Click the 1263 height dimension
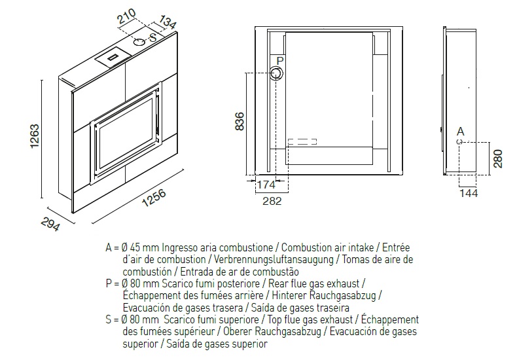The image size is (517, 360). [35, 136]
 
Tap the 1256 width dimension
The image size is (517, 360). [154, 198]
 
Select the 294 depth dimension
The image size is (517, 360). [51, 225]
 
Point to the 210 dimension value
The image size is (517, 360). [126, 16]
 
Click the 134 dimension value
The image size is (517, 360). [168, 22]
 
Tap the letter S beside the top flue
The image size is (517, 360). [153, 37]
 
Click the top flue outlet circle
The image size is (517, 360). [139, 42]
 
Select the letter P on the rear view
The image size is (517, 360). [280, 61]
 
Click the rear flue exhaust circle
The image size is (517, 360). [277, 73]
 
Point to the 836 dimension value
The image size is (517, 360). [240, 121]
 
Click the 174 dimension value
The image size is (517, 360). [266, 185]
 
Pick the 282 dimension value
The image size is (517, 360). [272, 201]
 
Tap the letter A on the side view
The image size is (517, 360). [461, 132]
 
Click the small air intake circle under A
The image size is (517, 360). [459, 142]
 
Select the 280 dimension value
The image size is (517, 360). [498, 158]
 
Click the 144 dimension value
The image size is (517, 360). [469, 193]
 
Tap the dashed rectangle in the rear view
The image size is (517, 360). [302, 142]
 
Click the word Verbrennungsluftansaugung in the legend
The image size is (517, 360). [274, 259]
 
